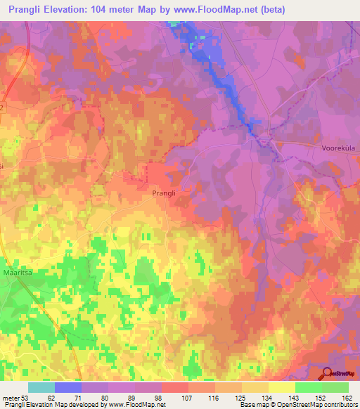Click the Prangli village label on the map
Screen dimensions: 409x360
coord(166,192)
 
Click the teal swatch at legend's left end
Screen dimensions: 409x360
coord(41,387)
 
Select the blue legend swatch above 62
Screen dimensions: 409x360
coord(68,387)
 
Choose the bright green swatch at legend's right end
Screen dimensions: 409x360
coord(335,387)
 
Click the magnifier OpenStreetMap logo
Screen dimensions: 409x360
coord(328,373)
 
